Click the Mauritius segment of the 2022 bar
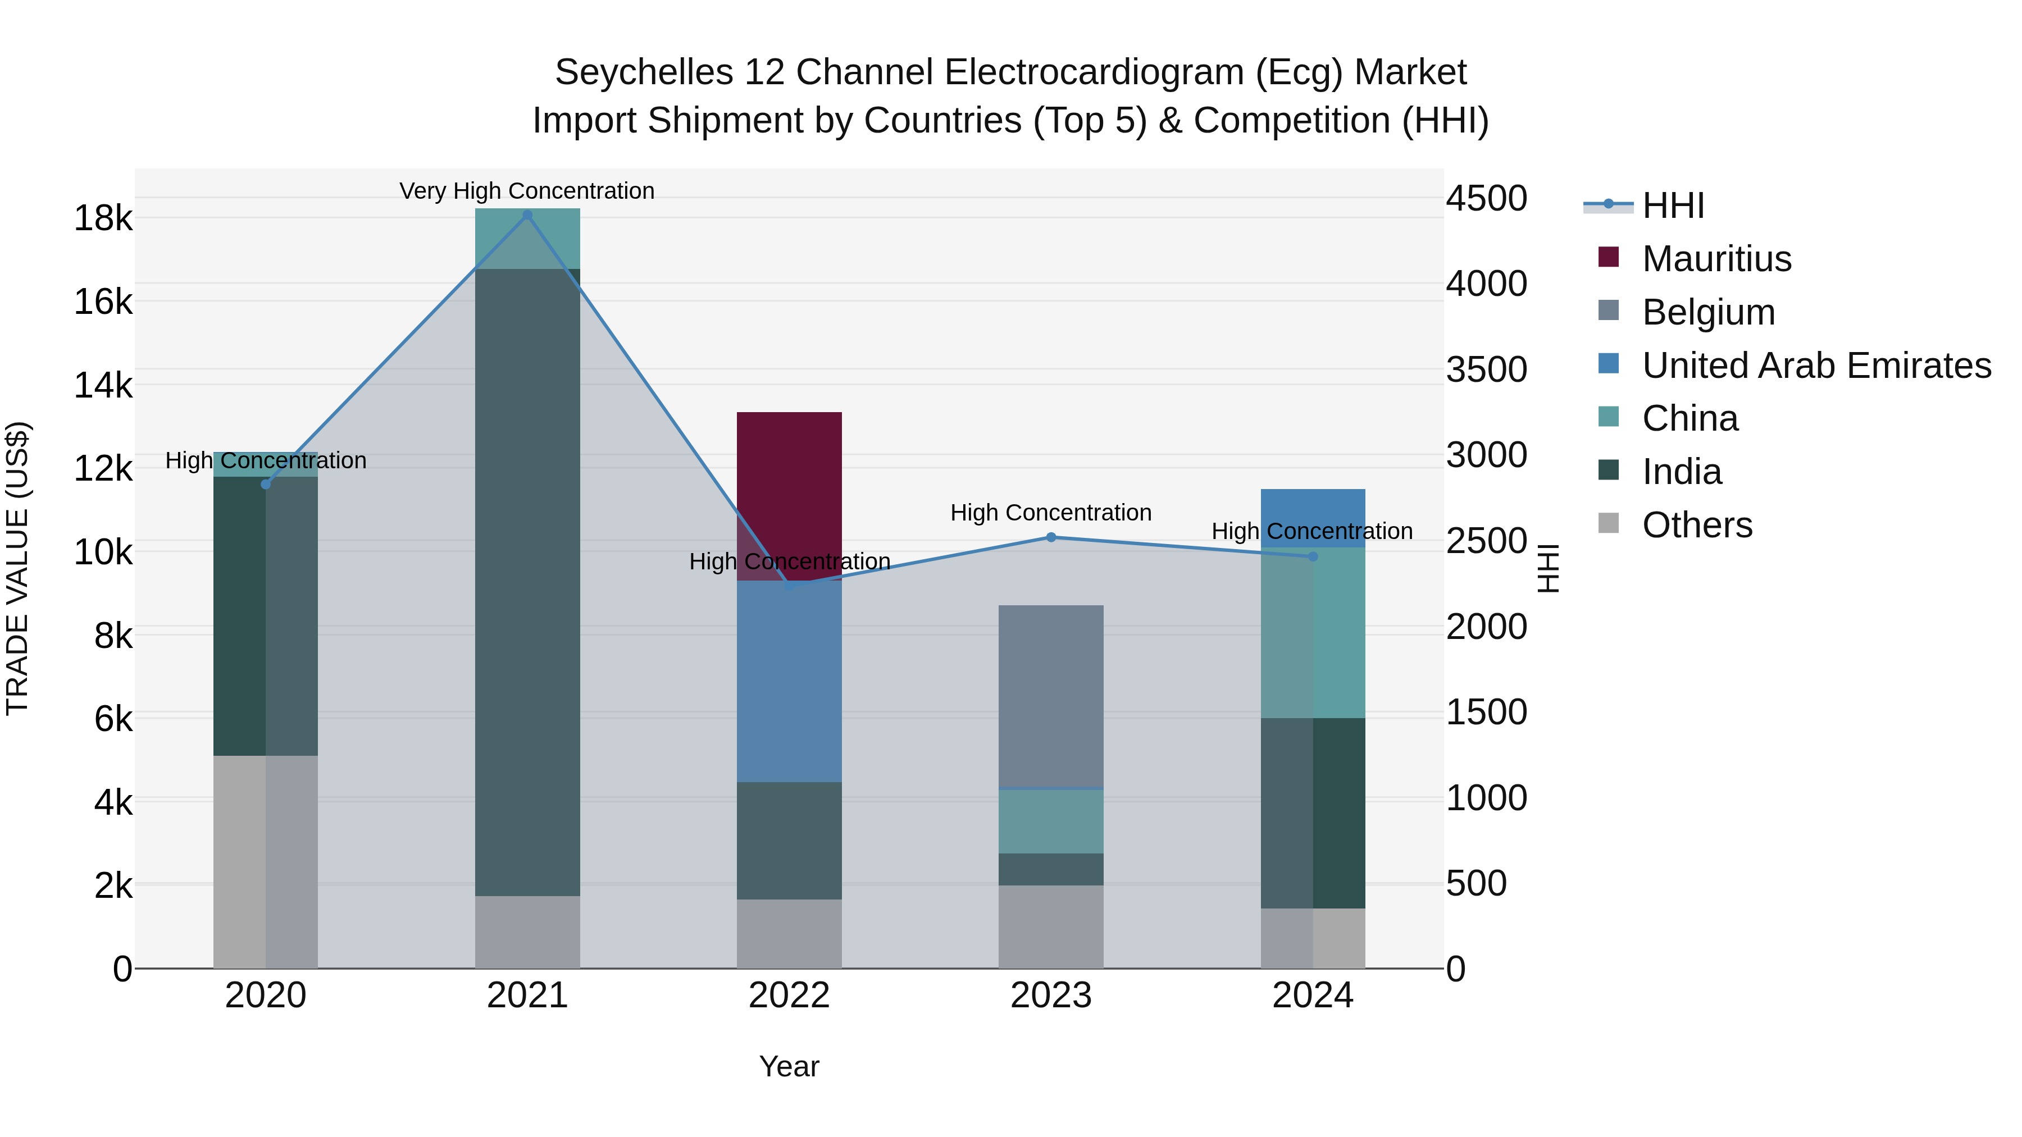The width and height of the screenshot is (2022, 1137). coord(789,494)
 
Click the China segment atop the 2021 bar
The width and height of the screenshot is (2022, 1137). coord(527,239)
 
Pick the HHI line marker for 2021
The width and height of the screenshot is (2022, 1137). coord(527,215)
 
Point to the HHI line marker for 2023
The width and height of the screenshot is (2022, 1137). coord(1051,537)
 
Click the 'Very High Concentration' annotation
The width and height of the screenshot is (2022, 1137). coord(527,191)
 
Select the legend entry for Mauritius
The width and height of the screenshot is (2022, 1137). coord(1716,259)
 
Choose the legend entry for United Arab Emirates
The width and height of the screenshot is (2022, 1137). coord(1815,366)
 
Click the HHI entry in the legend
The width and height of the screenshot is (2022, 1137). coord(1672,206)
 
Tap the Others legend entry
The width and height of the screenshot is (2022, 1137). coord(1696,525)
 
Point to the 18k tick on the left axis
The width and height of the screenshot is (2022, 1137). coord(103,218)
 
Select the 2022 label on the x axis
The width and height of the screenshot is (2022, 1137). coord(789,996)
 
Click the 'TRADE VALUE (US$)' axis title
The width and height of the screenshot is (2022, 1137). coord(17,568)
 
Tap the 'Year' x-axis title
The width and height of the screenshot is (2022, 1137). coord(789,1066)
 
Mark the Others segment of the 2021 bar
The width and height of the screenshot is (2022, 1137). coord(527,931)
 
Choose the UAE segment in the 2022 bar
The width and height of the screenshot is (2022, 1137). coord(789,681)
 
